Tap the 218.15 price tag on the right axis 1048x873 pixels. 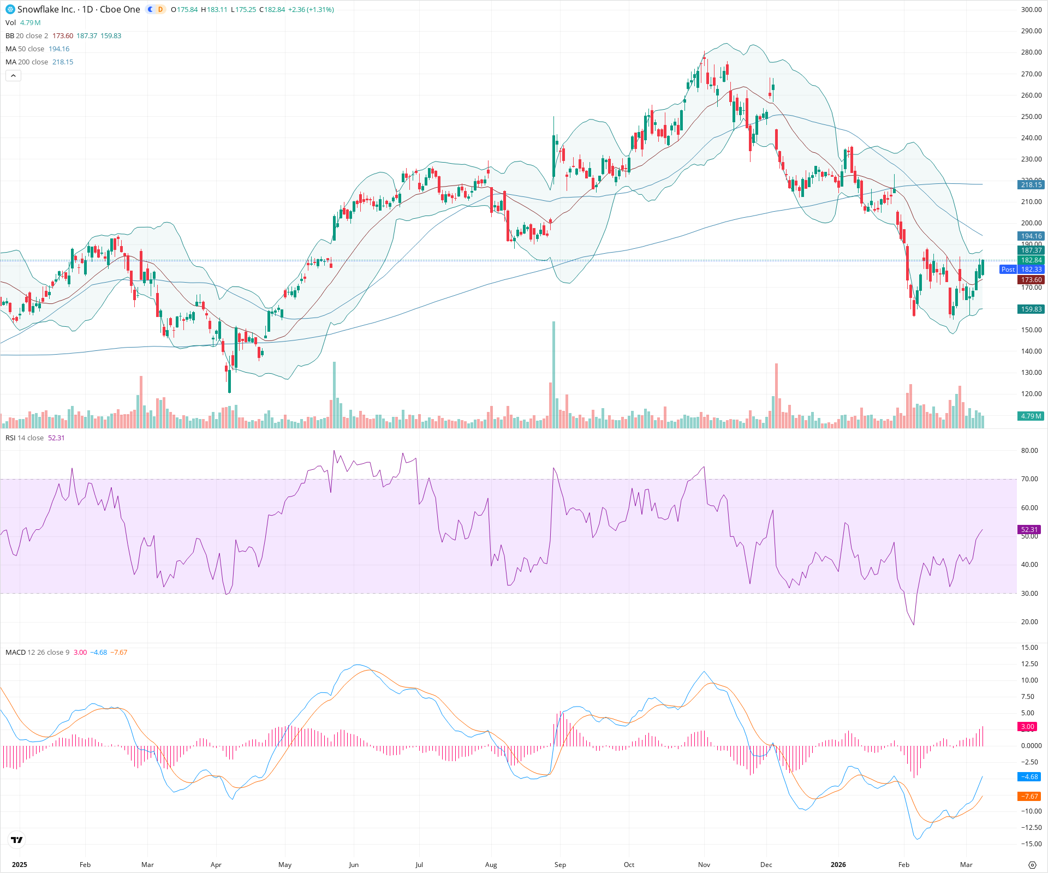pyautogui.click(x=1031, y=185)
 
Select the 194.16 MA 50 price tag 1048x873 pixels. pyautogui.click(x=1031, y=236)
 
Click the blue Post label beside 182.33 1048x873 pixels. pyautogui.click(x=1008, y=270)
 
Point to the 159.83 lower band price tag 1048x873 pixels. pyautogui.click(x=1031, y=309)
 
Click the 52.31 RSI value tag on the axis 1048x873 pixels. pyautogui.click(x=1029, y=530)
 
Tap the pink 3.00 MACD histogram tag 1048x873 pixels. pyautogui.click(x=1028, y=727)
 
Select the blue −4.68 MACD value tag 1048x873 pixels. pyautogui.click(x=1029, y=777)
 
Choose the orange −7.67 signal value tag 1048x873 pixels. pyautogui.click(x=1029, y=797)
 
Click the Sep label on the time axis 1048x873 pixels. pyautogui.click(x=560, y=865)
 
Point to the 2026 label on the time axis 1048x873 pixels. pyautogui.click(x=838, y=865)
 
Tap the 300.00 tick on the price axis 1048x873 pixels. pyautogui.click(x=1031, y=10)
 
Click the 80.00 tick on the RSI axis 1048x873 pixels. pyautogui.click(x=1029, y=451)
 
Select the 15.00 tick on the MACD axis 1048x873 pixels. pyautogui.click(x=1029, y=648)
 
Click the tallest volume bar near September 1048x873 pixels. pyautogui.click(x=553, y=376)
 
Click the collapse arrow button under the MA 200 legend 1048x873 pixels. pyautogui.click(x=13, y=76)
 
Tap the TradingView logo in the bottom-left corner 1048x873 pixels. pyautogui.click(x=17, y=840)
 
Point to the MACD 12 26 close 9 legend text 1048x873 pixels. pyautogui.click(x=37, y=653)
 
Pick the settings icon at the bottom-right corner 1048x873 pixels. pyautogui.click(x=1032, y=865)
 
